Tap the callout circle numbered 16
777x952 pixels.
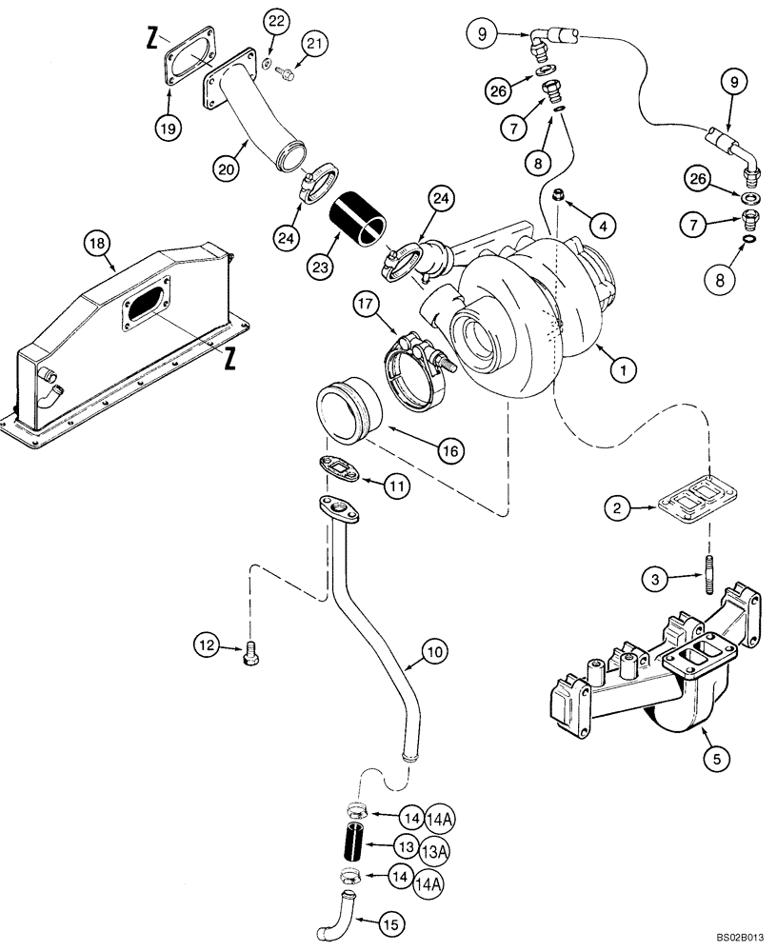tap(453, 448)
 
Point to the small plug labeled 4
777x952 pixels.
tap(561, 197)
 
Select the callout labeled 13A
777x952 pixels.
tap(428, 847)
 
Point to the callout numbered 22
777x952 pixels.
tap(275, 21)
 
